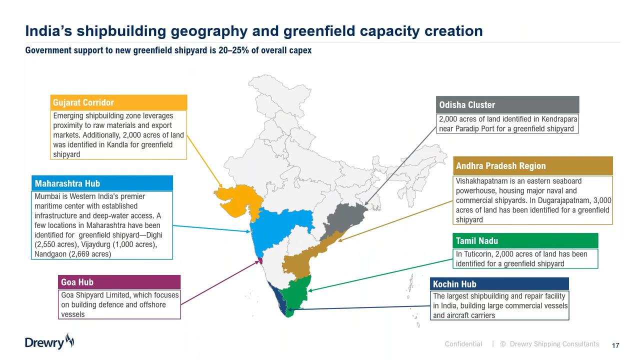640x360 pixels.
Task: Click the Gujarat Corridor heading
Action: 83,102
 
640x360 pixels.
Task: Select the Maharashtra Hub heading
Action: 67,183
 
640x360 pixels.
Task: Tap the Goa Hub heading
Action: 77,282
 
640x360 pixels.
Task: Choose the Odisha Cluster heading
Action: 467,105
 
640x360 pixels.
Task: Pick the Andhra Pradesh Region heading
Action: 501,165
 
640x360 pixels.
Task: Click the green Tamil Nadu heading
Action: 477,241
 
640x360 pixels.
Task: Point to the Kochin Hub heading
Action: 454,284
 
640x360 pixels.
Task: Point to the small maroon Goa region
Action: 260,260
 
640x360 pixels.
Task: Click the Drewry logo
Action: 49,341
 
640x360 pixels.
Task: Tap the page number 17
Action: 615,345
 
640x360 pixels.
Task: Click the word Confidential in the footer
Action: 463,344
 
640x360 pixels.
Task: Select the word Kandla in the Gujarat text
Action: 117,144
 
